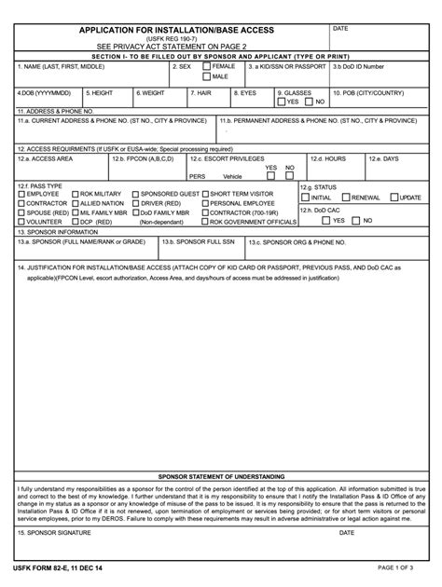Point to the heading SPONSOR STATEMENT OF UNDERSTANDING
(220, 475)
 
